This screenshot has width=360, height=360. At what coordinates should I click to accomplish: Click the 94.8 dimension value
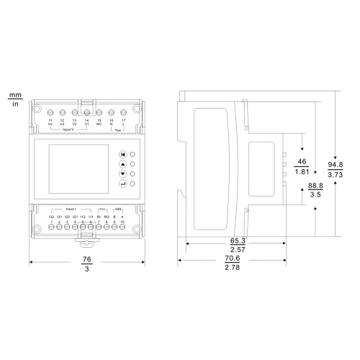pyautogui.click(x=336, y=163)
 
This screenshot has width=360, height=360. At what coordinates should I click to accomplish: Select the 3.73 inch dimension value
pyautogui.click(x=336, y=174)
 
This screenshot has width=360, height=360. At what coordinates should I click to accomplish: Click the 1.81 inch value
pyautogui.click(x=302, y=173)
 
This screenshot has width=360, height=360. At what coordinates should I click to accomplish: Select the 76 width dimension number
pyautogui.click(x=87, y=259)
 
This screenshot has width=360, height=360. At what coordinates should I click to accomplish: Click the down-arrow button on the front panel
pyautogui.click(x=123, y=174)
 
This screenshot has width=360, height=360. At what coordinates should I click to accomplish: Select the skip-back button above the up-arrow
pyautogui.click(x=123, y=153)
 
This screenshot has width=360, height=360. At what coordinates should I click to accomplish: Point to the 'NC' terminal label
pyautogui.click(x=99, y=125)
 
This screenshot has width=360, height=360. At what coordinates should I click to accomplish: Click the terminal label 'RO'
pyautogui.click(x=107, y=216)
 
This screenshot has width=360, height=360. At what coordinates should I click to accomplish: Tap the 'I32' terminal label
pyautogui.click(x=52, y=216)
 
